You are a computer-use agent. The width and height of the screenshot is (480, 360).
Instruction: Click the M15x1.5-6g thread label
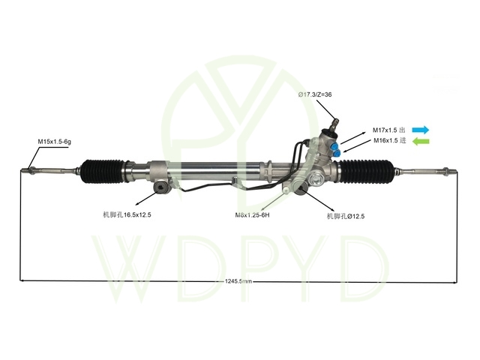(x=55, y=142)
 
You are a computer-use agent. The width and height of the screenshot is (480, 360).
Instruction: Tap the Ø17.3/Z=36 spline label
(x=315, y=94)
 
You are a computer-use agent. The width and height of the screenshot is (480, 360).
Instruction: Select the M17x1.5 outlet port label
(x=388, y=130)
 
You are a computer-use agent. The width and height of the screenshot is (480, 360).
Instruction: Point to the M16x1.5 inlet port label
(x=390, y=140)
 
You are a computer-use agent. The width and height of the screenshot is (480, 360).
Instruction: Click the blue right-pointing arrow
(x=421, y=130)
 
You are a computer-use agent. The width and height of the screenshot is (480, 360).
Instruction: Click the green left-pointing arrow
(x=421, y=142)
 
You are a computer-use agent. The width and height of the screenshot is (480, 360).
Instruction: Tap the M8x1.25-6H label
(x=252, y=215)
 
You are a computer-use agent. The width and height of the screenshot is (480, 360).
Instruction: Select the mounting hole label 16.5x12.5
(x=127, y=214)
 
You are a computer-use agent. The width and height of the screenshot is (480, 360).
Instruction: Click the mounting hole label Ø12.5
(x=346, y=216)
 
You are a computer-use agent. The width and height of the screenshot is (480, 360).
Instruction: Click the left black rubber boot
(x=103, y=171)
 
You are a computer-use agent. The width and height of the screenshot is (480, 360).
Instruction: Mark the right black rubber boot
(x=367, y=172)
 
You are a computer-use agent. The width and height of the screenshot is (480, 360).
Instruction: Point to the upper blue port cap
(x=334, y=145)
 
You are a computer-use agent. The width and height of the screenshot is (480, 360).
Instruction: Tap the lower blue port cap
(x=337, y=152)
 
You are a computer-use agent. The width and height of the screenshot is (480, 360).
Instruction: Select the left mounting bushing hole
(x=160, y=187)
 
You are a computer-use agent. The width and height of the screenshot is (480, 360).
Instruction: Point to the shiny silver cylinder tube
(x=214, y=171)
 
